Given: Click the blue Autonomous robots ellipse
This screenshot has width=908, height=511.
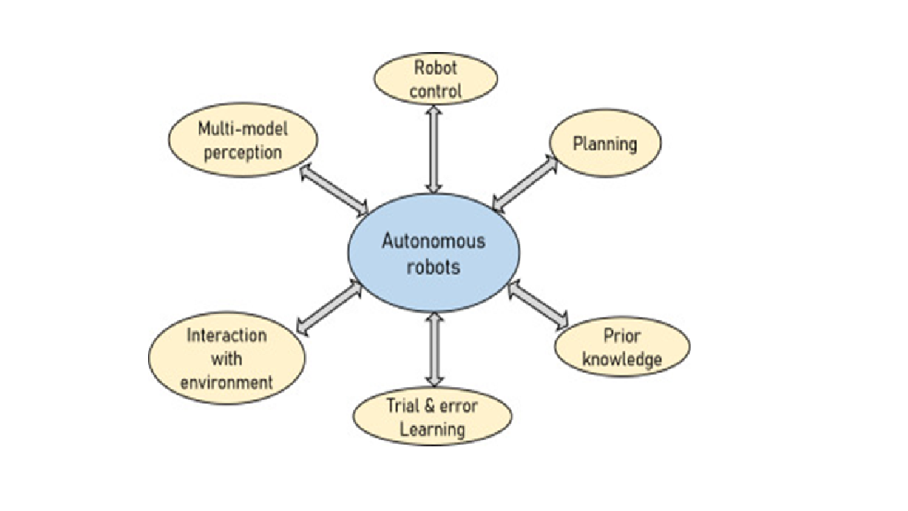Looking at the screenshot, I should pyautogui.click(x=433, y=252).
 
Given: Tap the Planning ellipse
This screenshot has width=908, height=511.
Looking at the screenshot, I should pyautogui.click(x=605, y=144).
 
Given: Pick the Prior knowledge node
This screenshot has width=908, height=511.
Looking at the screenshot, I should pyautogui.click(x=622, y=348).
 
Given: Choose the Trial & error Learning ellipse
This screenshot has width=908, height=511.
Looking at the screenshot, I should pyautogui.click(x=432, y=417).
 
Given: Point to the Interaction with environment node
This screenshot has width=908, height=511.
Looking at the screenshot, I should pyautogui.click(x=226, y=359).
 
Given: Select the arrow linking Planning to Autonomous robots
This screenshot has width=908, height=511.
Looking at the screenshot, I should pyautogui.click(x=523, y=184).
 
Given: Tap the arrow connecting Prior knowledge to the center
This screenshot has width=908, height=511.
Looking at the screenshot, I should pyautogui.click(x=538, y=304).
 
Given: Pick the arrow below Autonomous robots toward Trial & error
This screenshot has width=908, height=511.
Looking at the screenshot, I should pyautogui.click(x=434, y=349).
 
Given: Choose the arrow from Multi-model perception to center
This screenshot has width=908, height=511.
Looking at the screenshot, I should pyautogui.click(x=333, y=190).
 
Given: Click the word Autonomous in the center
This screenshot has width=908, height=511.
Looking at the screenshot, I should pyautogui.click(x=433, y=241).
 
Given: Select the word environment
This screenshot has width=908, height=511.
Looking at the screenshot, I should pyautogui.click(x=226, y=382).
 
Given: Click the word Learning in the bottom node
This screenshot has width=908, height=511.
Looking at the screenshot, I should pyautogui.click(x=432, y=430).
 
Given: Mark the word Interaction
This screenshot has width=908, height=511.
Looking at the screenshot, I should pyautogui.click(x=226, y=335).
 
